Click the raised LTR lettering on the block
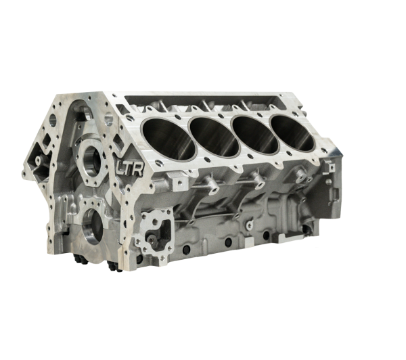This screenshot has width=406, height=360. tap(130, 168)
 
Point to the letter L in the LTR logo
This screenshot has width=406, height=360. tap(120, 167)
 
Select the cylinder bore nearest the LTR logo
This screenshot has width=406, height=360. tap(168, 139)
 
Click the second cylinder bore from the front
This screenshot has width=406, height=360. tap(215, 137)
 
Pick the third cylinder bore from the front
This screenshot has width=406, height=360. tap(256, 135)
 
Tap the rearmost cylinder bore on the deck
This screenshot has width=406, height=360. tap(294, 133)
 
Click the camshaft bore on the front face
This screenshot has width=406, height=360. tap(91, 160)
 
